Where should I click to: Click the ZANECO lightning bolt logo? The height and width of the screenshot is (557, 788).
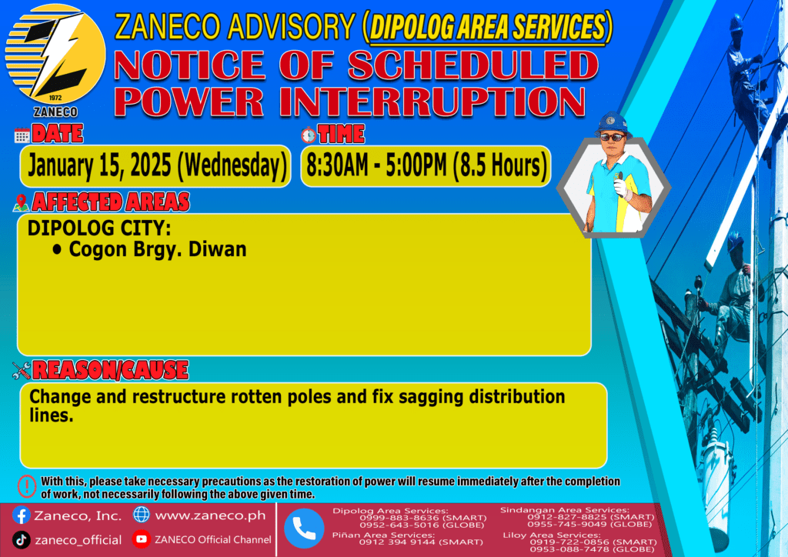(55, 55)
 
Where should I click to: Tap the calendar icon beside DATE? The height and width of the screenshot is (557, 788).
(22, 135)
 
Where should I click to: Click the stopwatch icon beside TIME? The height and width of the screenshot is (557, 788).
(309, 135)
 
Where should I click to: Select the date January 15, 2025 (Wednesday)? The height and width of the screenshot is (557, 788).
(157, 165)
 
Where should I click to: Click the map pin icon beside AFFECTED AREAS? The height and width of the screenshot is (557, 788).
(21, 203)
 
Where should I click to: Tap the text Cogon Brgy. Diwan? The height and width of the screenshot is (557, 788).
(158, 249)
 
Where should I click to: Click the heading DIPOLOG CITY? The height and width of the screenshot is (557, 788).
(99, 228)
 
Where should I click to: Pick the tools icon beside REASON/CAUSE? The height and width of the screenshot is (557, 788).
(22, 371)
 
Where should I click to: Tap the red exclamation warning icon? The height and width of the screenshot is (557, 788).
(27, 486)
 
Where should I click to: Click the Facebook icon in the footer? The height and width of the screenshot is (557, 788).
(21, 515)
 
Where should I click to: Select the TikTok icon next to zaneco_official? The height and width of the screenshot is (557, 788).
(21, 540)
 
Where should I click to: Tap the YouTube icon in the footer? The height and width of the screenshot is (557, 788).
(142, 539)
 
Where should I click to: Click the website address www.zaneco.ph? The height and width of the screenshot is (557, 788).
(210, 515)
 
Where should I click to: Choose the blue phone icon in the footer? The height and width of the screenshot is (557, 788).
(304, 528)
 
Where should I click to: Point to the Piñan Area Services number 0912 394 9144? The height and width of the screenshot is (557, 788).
(397, 542)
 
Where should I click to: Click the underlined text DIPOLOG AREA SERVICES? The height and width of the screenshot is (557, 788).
(487, 27)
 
